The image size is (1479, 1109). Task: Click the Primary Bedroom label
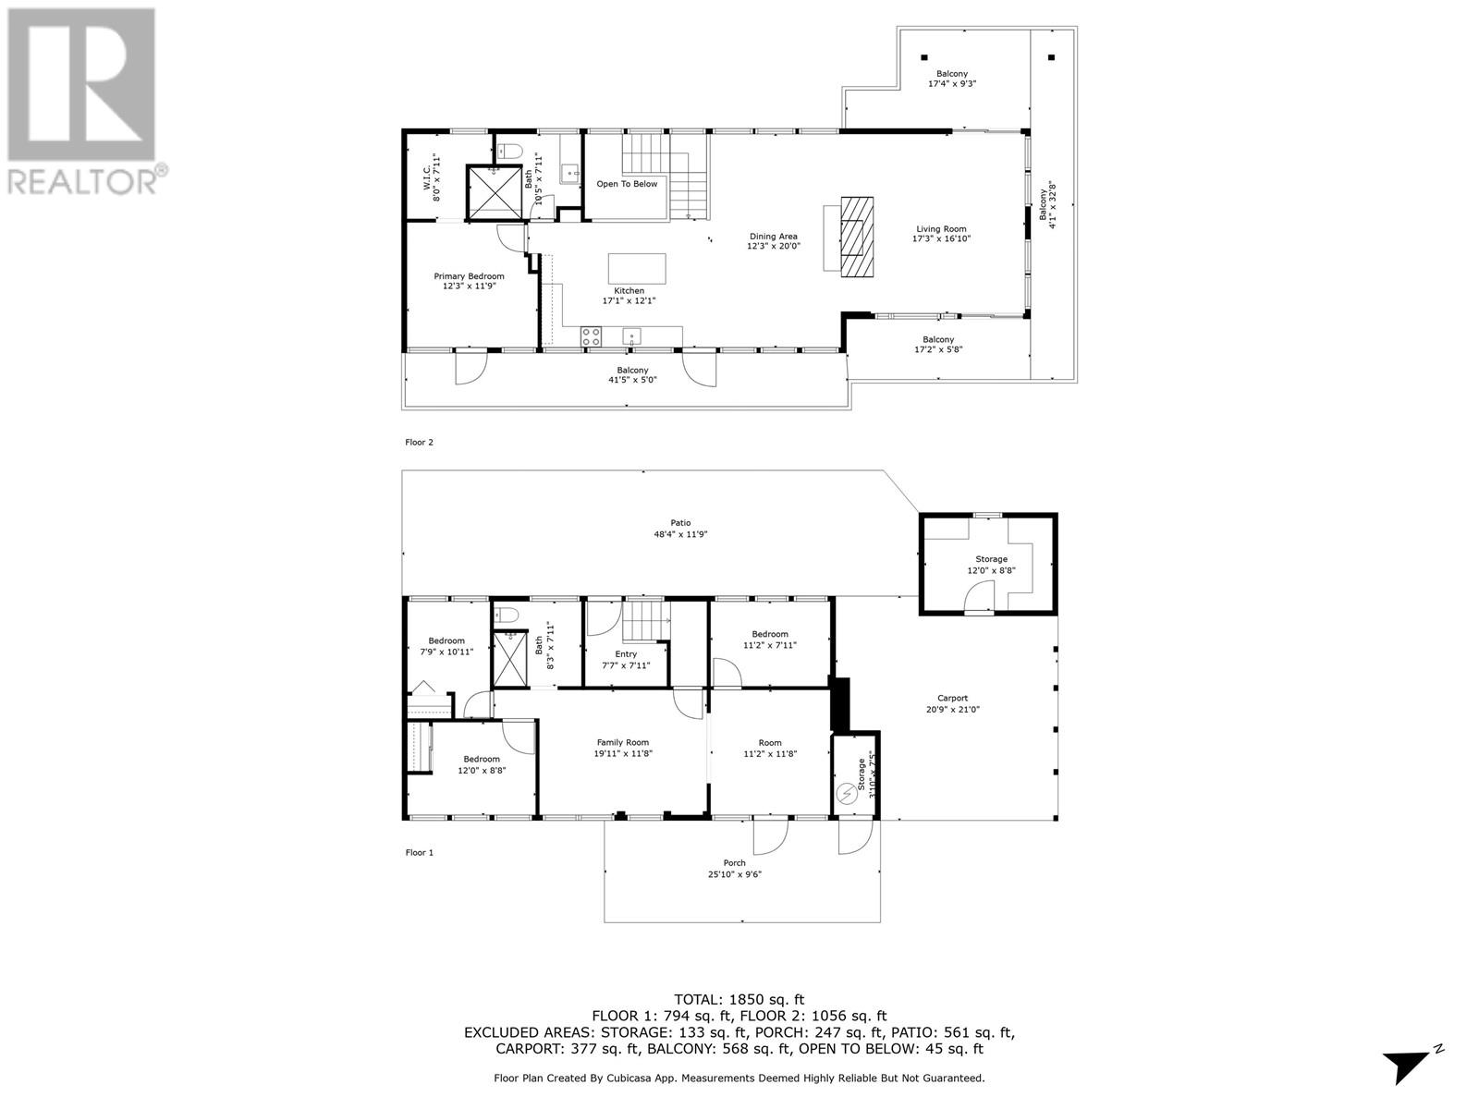point(469,276)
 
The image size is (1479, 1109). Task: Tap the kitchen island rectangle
point(637,269)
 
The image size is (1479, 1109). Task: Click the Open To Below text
point(627,184)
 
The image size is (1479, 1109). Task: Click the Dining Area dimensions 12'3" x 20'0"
point(774,247)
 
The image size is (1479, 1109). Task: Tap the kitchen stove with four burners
point(591,336)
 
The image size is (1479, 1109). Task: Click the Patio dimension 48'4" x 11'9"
point(681,534)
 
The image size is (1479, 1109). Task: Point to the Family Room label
point(622,742)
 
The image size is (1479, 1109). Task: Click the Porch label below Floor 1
point(734,863)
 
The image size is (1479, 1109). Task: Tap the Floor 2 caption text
point(419,443)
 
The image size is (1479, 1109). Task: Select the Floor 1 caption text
point(419,853)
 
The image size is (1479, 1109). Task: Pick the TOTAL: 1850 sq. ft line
point(739,999)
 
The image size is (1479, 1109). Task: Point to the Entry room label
point(626,654)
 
